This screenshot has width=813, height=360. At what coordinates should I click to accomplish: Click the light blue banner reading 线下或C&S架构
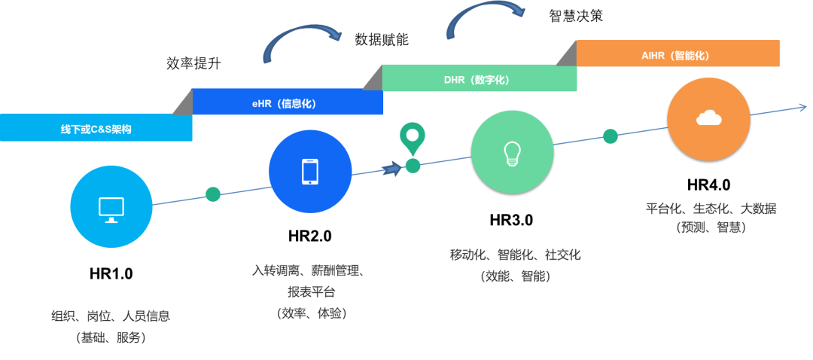click(x=96, y=128)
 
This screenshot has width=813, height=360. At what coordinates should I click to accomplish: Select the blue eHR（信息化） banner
click(x=287, y=102)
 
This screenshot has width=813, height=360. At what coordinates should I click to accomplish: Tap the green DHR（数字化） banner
click(x=480, y=78)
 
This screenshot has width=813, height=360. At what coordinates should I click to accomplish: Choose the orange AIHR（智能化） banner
click(x=677, y=54)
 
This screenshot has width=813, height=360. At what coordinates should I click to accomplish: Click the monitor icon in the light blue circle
click(x=111, y=208)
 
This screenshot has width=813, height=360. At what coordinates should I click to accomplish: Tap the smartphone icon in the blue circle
click(x=310, y=171)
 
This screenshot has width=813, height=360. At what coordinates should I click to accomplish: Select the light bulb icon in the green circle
click(x=512, y=151)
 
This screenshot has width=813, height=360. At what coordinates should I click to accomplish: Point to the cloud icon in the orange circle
click(x=708, y=117)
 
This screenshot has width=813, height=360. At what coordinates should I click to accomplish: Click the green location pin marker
click(x=412, y=138)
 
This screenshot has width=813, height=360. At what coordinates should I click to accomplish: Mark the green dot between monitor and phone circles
click(x=213, y=194)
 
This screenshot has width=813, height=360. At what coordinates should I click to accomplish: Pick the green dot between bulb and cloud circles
click(x=611, y=136)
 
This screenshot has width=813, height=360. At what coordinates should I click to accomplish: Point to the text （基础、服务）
click(x=111, y=338)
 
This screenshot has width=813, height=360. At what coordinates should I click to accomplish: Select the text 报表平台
click(x=311, y=291)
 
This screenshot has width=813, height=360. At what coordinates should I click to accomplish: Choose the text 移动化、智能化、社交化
click(x=515, y=255)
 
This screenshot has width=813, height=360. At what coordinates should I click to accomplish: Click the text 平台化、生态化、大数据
click(x=710, y=208)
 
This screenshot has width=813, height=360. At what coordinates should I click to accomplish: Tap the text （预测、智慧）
click(x=710, y=227)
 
